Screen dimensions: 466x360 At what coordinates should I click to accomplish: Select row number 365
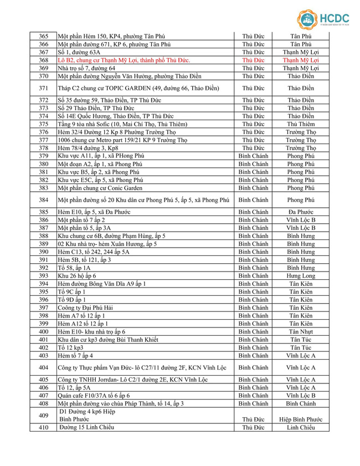[x=44, y=37]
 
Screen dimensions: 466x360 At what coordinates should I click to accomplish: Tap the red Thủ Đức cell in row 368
[x=253, y=60]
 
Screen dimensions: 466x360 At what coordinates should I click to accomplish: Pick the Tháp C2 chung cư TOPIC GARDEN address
[x=138, y=88]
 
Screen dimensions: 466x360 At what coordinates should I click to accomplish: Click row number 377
[x=44, y=140]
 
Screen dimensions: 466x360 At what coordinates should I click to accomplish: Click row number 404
[x=44, y=367]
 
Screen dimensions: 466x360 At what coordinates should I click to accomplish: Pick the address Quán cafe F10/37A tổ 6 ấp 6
[x=94, y=396]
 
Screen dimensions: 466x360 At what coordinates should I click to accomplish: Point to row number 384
[x=44, y=200]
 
